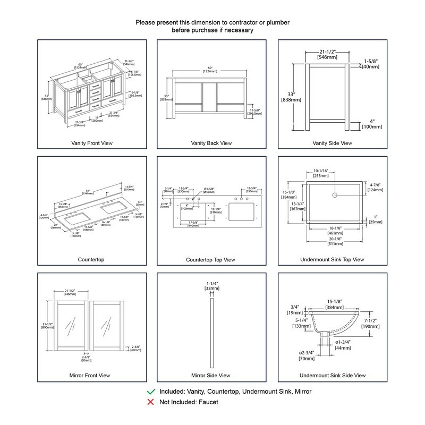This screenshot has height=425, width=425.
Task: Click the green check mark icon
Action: [151, 392]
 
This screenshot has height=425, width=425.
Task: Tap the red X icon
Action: [151, 402]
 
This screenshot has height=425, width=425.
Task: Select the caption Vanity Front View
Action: [92, 143]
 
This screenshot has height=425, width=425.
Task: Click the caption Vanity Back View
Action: [211, 143]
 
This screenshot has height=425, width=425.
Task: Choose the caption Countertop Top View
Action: [211, 259]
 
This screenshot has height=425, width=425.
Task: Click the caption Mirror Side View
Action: [211, 376]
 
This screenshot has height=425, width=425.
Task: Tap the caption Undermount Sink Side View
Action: [332, 376]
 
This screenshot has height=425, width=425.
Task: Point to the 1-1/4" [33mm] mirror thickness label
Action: [211, 286]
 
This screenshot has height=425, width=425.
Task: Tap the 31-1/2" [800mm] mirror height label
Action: [47, 325]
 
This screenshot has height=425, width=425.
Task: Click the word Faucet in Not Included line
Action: [208, 402]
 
